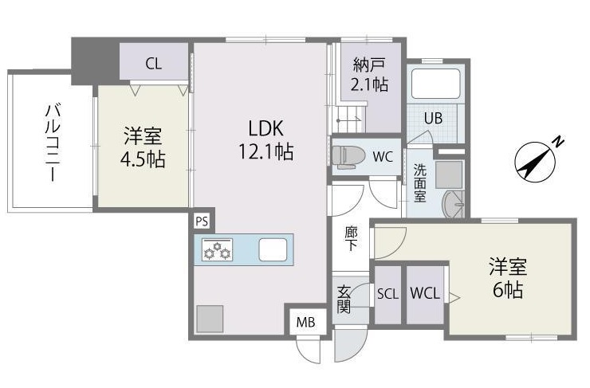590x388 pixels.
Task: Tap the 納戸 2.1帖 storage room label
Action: (368, 73)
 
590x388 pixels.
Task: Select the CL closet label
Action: (154, 65)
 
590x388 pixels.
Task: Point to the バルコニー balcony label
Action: (50, 141)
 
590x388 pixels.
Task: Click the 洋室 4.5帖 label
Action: (143, 147)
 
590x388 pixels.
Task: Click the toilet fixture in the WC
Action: (347, 156)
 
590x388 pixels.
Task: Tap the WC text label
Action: (382, 157)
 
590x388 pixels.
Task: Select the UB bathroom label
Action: (433, 119)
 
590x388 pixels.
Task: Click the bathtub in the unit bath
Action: (435, 83)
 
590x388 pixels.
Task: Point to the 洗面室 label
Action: (419, 182)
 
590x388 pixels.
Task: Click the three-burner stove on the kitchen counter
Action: (217, 250)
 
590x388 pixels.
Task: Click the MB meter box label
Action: (305, 323)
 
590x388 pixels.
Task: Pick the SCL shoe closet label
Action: (387, 293)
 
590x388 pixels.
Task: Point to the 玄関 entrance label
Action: (344, 300)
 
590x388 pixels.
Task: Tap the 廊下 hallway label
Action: (351, 238)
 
